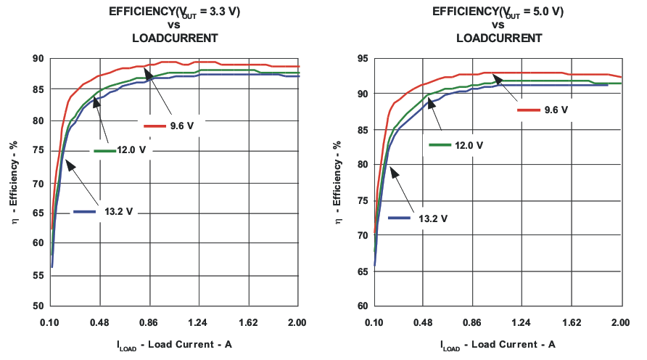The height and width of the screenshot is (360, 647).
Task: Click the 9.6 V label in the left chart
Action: tap(181, 126)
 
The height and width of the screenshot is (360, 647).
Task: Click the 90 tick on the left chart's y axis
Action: tap(38, 59)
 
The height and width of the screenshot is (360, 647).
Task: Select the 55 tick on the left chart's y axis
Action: tap(38, 275)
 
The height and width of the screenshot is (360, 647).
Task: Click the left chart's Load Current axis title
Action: tap(173, 344)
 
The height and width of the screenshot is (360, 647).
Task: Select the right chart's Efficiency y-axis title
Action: tap(337, 181)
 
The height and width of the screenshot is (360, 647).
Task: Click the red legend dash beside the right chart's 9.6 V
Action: tap(528, 110)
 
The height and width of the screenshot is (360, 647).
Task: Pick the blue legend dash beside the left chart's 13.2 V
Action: tap(85, 212)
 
